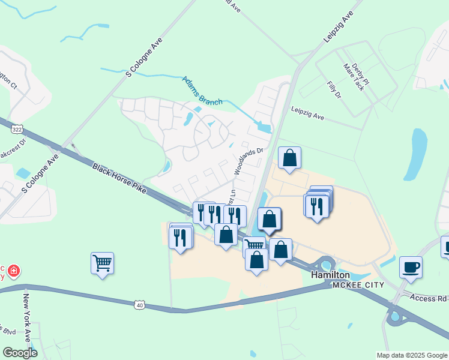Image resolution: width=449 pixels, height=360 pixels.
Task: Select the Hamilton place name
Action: coord(330,274)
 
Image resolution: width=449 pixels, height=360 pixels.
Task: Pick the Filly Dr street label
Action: coord(334,91)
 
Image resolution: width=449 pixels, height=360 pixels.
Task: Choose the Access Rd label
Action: coord(429,298)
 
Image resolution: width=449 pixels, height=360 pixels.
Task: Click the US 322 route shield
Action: coord(17,128)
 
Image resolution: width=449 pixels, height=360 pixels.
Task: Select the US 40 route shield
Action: coord(139,305)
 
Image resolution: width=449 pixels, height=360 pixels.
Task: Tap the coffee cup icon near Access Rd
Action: coord(411,267)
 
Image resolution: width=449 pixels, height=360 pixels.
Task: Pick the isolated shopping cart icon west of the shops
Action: coord(102,262)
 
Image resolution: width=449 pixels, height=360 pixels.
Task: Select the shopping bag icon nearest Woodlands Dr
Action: coord(289,158)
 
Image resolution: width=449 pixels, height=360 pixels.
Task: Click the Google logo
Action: coord(20,352)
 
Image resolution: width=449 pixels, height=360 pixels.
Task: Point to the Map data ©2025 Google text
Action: coord(411,355)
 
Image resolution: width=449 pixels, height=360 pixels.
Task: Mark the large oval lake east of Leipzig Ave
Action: coord(418,151)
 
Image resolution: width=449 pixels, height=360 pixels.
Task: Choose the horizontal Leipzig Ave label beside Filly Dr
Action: coord(307,114)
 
